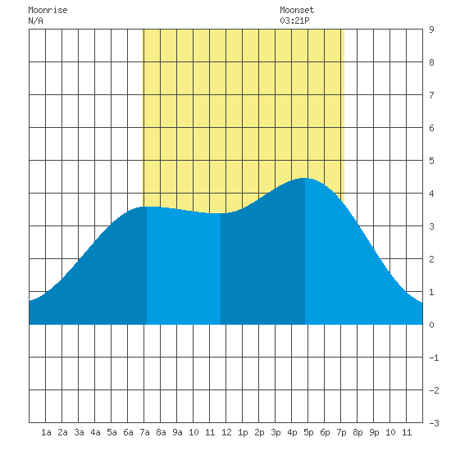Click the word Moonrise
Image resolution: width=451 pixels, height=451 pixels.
[48, 10]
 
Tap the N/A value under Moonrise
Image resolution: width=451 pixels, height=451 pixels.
[35, 20]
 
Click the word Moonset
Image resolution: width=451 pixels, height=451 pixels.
[297, 10]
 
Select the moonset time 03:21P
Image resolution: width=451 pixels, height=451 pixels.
[294, 20]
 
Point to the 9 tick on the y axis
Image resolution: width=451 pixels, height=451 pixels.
[431, 30]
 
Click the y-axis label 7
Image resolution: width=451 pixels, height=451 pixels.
[431, 95]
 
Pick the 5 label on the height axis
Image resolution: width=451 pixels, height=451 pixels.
[431, 161]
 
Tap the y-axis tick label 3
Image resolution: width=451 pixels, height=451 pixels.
[431, 226]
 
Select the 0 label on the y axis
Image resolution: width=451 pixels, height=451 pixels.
[431, 325]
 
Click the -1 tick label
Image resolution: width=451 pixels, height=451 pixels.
[434, 358]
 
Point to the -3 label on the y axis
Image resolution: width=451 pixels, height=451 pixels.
[434, 423]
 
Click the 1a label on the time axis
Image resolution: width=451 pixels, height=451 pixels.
[46, 432]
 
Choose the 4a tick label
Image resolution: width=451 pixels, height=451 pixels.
[95, 432]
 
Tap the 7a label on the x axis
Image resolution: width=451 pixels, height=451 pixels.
[144, 432]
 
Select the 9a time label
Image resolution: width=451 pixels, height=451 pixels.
[177, 432]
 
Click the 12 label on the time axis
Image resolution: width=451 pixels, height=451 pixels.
[226, 432]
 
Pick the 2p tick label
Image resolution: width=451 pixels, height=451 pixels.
[259, 432]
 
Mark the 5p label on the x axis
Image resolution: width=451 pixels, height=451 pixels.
[308, 432]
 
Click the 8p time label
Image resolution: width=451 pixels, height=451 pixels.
[358, 432]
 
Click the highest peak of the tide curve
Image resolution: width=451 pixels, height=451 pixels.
[304, 178]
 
